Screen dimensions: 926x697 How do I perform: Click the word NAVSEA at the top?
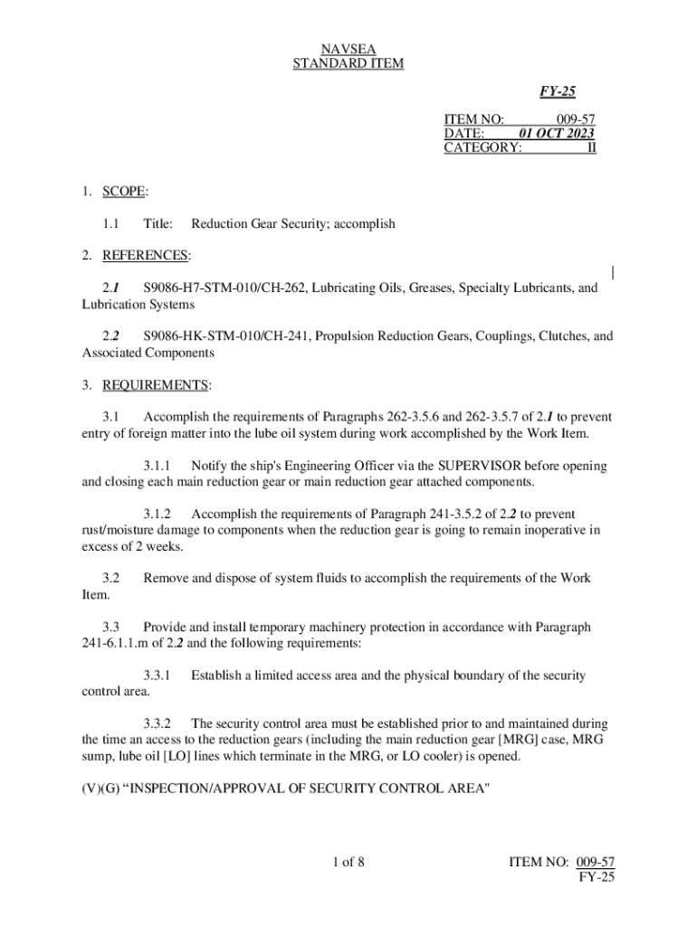pyautogui.click(x=348, y=48)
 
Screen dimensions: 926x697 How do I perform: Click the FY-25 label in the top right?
pyautogui.click(x=559, y=91)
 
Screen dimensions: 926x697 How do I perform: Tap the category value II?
pyautogui.click(x=591, y=148)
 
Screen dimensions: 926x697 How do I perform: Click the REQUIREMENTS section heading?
pyautogui.click(x=155, y=386)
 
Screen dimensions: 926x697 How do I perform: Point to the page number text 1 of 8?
pyautogui.click(x=348, y=861)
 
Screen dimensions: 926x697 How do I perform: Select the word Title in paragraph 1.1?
pyautogui.click(x=158, y=223)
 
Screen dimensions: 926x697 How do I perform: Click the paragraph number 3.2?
pyautogui.click(x=112, y=577)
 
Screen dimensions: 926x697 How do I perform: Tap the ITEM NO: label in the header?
pyautogui.click(x=473, y=118)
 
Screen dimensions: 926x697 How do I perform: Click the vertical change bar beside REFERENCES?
pyautogui.click(x=613, y=272)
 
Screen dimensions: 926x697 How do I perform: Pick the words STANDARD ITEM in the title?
pyautogui.click(x=348, y=63)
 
